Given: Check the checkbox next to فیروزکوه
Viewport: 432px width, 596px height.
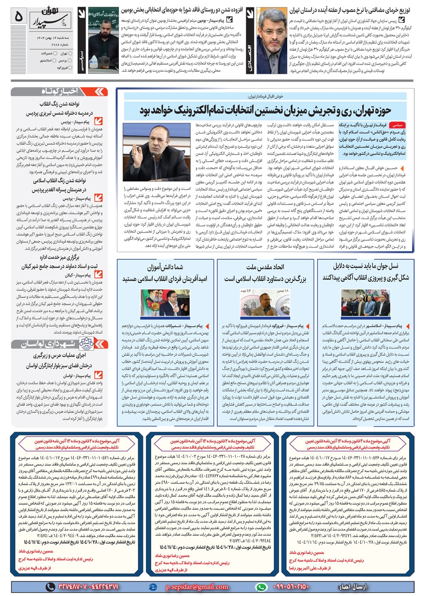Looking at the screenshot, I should tap(71, 68).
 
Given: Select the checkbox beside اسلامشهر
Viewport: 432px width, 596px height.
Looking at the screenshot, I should tap(55, 61).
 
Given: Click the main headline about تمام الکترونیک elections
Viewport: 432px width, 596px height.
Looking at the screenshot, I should tap(265, 110).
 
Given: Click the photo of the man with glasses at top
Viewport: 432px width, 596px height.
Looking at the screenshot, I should tap(272, 40).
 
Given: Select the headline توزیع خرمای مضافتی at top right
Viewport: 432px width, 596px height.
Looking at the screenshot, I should tap(349, 10).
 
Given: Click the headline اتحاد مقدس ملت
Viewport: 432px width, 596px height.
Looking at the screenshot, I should tap(265, 267).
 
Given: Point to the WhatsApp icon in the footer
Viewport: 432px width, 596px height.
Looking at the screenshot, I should tap(261, 587).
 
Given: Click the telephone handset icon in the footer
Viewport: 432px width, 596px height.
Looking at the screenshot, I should tap(51, 587).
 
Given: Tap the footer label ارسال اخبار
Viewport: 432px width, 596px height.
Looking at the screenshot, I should tap(353, 587).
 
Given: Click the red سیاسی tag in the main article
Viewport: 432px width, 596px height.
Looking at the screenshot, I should tap(397, 124).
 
